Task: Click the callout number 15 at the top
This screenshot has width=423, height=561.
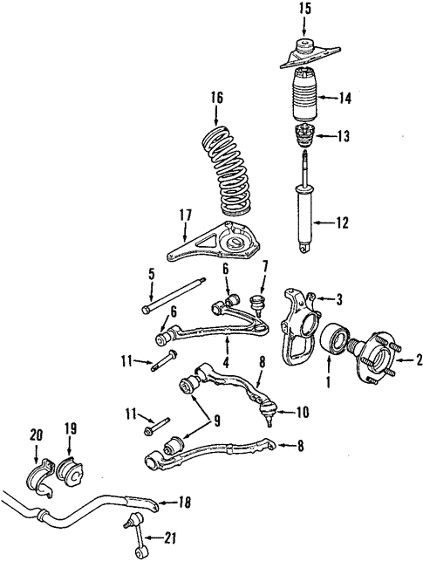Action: (x=304, y=9)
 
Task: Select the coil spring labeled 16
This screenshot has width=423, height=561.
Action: (x=225, y=171)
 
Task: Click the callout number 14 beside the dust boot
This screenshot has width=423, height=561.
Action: (x=345, y=98)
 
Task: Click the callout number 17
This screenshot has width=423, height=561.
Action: (x=186, y=216)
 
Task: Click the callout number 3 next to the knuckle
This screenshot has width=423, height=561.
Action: (x=339, y=298)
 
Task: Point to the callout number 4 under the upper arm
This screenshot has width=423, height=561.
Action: (x=227, y=363)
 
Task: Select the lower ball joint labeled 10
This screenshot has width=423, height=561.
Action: (x=269, y=412)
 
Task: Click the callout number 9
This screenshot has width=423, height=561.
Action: (x=215, y=421)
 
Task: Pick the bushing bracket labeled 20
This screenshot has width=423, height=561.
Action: (x=40, y=477)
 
